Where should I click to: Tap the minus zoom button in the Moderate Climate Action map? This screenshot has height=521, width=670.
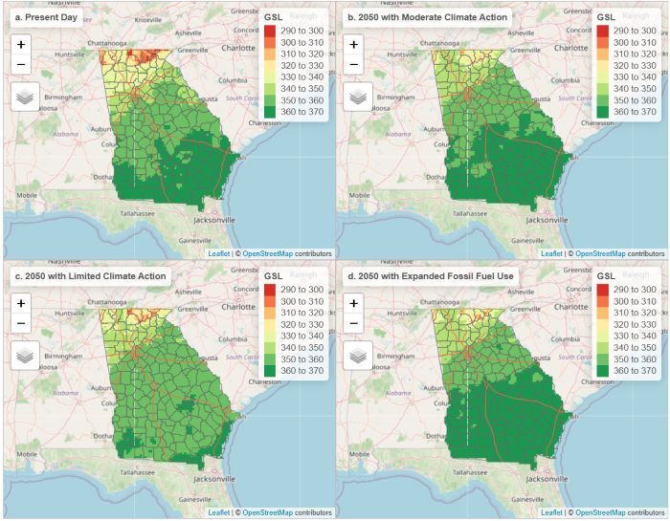click(354, 64)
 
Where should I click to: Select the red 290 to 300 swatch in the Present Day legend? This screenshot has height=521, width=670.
click(271, 31)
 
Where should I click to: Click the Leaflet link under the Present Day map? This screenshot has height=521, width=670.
click(218, 253)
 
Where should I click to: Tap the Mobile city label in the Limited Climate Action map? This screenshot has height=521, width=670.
click(27, 454)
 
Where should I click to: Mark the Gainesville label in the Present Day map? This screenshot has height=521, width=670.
click(192, 239)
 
